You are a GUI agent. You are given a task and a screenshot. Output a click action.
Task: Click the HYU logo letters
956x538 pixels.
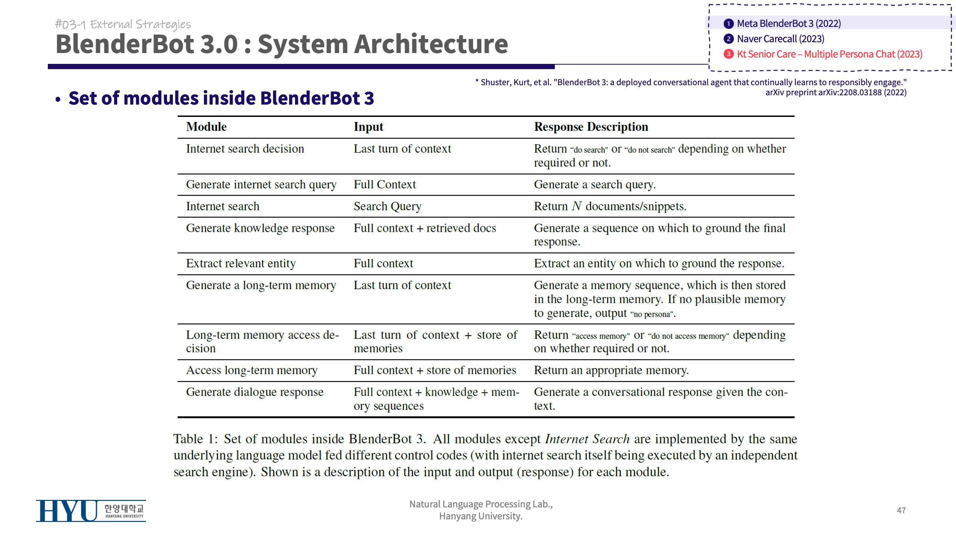[66, 511]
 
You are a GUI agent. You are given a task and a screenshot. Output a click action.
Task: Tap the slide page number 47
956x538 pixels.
[901, 510]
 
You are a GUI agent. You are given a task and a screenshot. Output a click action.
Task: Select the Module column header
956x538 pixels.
[206, 127]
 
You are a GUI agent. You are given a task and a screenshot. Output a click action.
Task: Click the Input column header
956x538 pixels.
[368, 127]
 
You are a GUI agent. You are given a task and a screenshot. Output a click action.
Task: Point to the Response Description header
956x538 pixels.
[591, 127]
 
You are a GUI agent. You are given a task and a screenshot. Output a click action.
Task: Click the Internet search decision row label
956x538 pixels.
[245, 149]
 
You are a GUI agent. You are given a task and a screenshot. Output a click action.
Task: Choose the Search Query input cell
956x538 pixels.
[387, 206]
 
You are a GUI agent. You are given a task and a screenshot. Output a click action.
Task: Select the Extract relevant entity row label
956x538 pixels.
[241, 263]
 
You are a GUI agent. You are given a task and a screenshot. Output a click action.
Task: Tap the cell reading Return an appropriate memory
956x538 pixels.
[611, 370]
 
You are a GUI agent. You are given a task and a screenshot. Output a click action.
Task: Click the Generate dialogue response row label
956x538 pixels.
[255, 392]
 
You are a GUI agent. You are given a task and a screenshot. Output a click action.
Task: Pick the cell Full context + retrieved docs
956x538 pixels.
[425, 228]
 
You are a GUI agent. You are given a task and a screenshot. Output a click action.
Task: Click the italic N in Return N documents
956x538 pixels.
[577, 206]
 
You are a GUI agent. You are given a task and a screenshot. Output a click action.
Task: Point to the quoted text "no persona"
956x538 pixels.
[653, 314]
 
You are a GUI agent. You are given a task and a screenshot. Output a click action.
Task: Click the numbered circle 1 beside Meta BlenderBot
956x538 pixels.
[728, 24]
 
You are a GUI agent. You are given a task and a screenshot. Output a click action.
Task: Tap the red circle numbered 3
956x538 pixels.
[728, 54]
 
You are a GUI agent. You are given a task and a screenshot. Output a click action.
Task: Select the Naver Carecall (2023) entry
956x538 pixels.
[780, 39]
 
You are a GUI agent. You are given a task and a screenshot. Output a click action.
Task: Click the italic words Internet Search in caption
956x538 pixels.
[587, 439]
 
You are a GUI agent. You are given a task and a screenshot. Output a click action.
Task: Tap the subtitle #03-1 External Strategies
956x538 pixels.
[123, 24]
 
